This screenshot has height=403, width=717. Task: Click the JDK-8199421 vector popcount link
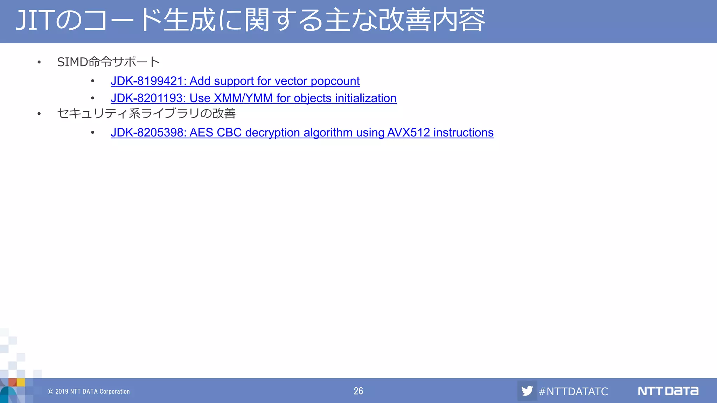coord(235,81)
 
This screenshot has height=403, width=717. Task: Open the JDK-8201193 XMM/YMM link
coord(253,98)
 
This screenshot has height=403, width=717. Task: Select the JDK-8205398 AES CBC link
coord(302,133)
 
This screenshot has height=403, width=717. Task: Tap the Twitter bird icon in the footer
coord(527,390)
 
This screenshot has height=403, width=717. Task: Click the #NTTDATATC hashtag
coord(573,391)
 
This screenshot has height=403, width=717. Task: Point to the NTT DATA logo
coord(668,391)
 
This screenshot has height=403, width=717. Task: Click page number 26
coord(358,391)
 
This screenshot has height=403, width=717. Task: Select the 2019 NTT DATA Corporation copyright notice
coord(89,391)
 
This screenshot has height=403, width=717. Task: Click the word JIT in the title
coord(35,20)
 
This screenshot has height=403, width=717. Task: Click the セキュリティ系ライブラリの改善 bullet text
coord(146,113)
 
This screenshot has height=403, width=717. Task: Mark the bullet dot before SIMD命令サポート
coord(39,63)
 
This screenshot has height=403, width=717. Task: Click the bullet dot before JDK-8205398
coord(92,133)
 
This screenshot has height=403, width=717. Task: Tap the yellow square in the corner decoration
coord(21,382)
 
